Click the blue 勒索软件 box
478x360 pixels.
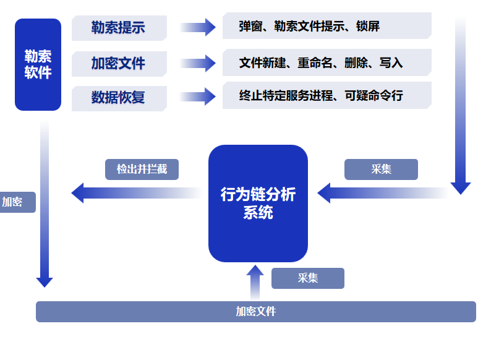pos(38,64)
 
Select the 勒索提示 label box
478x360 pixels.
pos(119,28)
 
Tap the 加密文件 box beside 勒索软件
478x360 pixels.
pos(119,63)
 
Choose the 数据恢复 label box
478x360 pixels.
pos(119,98)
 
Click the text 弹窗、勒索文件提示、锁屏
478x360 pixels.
pos(309,27)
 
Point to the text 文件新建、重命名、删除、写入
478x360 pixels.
pos(320,62)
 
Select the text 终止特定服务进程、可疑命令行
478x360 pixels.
pos(320,96)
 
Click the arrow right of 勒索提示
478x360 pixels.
pos(197,27)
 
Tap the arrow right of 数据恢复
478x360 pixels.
pos(197,96)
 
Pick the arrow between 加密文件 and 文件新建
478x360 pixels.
pos(197,62)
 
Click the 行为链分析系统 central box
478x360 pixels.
pos(258,203)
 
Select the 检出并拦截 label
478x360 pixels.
pos(142,169)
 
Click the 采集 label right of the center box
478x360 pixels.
pos(381,169)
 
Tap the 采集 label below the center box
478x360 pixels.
pos(307,278)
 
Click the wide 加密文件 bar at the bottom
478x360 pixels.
pos(255,312)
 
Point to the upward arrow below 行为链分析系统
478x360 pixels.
pos(255,281)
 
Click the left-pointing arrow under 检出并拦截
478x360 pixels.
pos(136,193)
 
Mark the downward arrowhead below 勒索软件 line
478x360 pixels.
pos(45,281)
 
